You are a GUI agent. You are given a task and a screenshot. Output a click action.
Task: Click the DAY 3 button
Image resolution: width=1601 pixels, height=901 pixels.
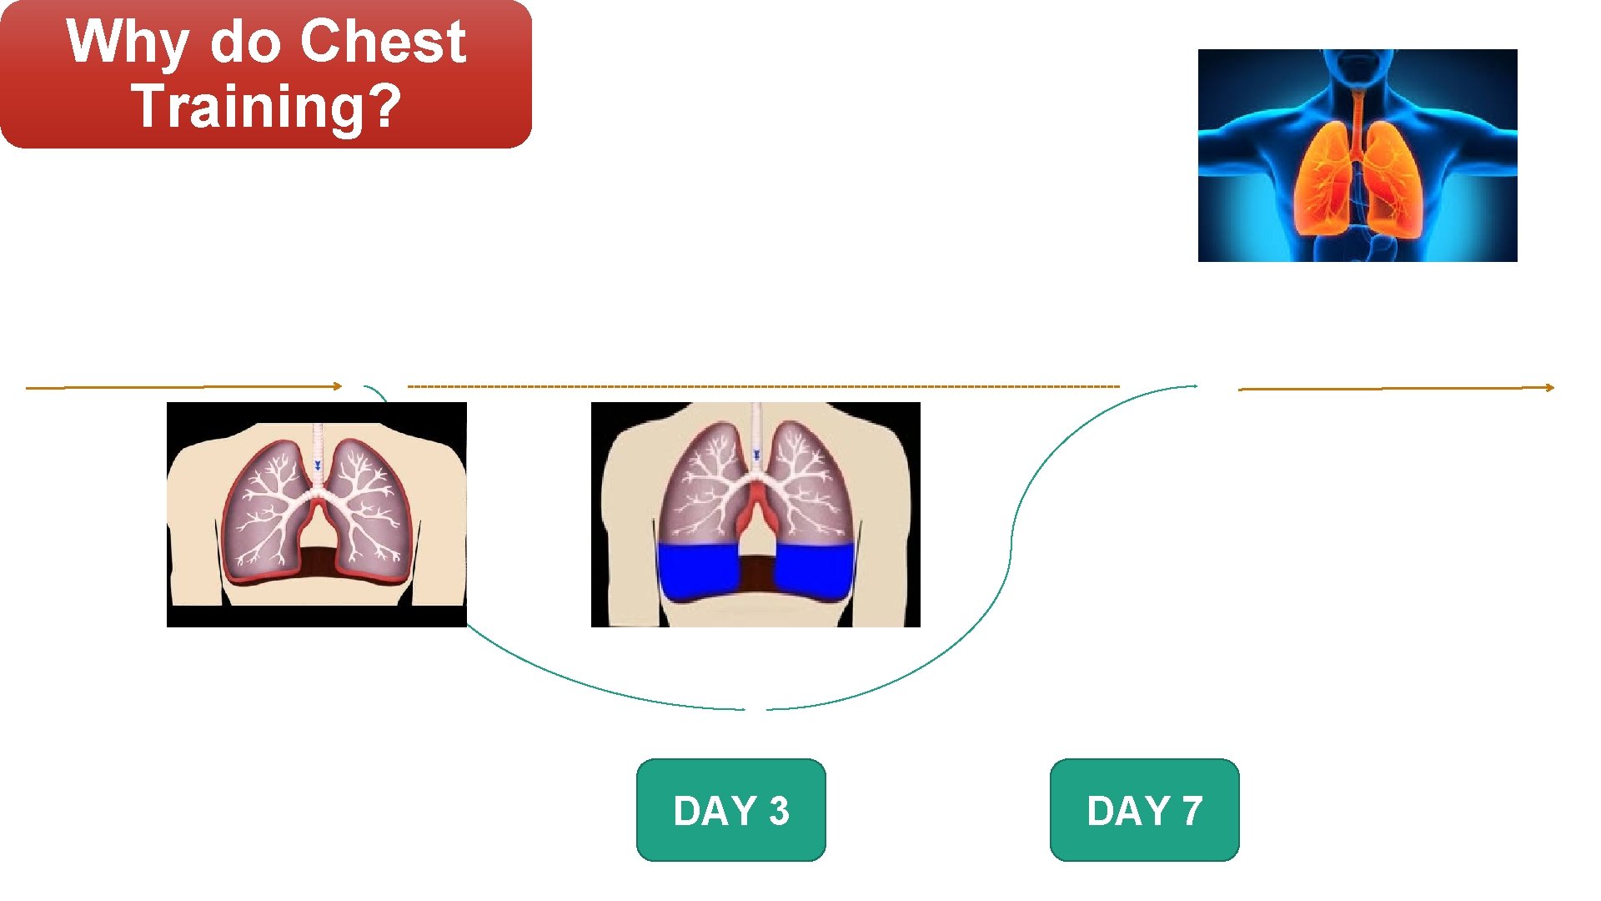coord(730,809)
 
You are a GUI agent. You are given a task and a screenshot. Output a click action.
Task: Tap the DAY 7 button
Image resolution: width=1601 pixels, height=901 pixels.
coord(1144,809)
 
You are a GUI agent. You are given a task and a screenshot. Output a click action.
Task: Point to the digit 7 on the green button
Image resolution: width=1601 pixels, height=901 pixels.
coord(1192,811)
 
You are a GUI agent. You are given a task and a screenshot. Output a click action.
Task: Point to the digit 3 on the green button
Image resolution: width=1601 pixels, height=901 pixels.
coord(779,811)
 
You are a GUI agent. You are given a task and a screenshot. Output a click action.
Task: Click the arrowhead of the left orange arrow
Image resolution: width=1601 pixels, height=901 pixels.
coord(337,386)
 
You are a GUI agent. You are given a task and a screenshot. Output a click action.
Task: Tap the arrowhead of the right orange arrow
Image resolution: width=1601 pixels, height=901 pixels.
coord(1549,387)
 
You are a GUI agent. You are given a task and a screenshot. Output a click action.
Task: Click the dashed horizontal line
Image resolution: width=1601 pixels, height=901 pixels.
coord(763,386)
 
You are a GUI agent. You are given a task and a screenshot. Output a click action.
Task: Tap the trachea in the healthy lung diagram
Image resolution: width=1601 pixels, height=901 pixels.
coord(317,450)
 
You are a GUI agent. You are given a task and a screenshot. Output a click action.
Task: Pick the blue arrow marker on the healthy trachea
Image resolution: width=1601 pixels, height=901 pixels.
coord(317,465)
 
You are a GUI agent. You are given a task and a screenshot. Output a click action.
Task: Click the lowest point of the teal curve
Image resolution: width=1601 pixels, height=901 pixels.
coord(755,709)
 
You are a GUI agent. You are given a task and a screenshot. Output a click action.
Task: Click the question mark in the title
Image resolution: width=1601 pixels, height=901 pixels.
coord(384,106)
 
